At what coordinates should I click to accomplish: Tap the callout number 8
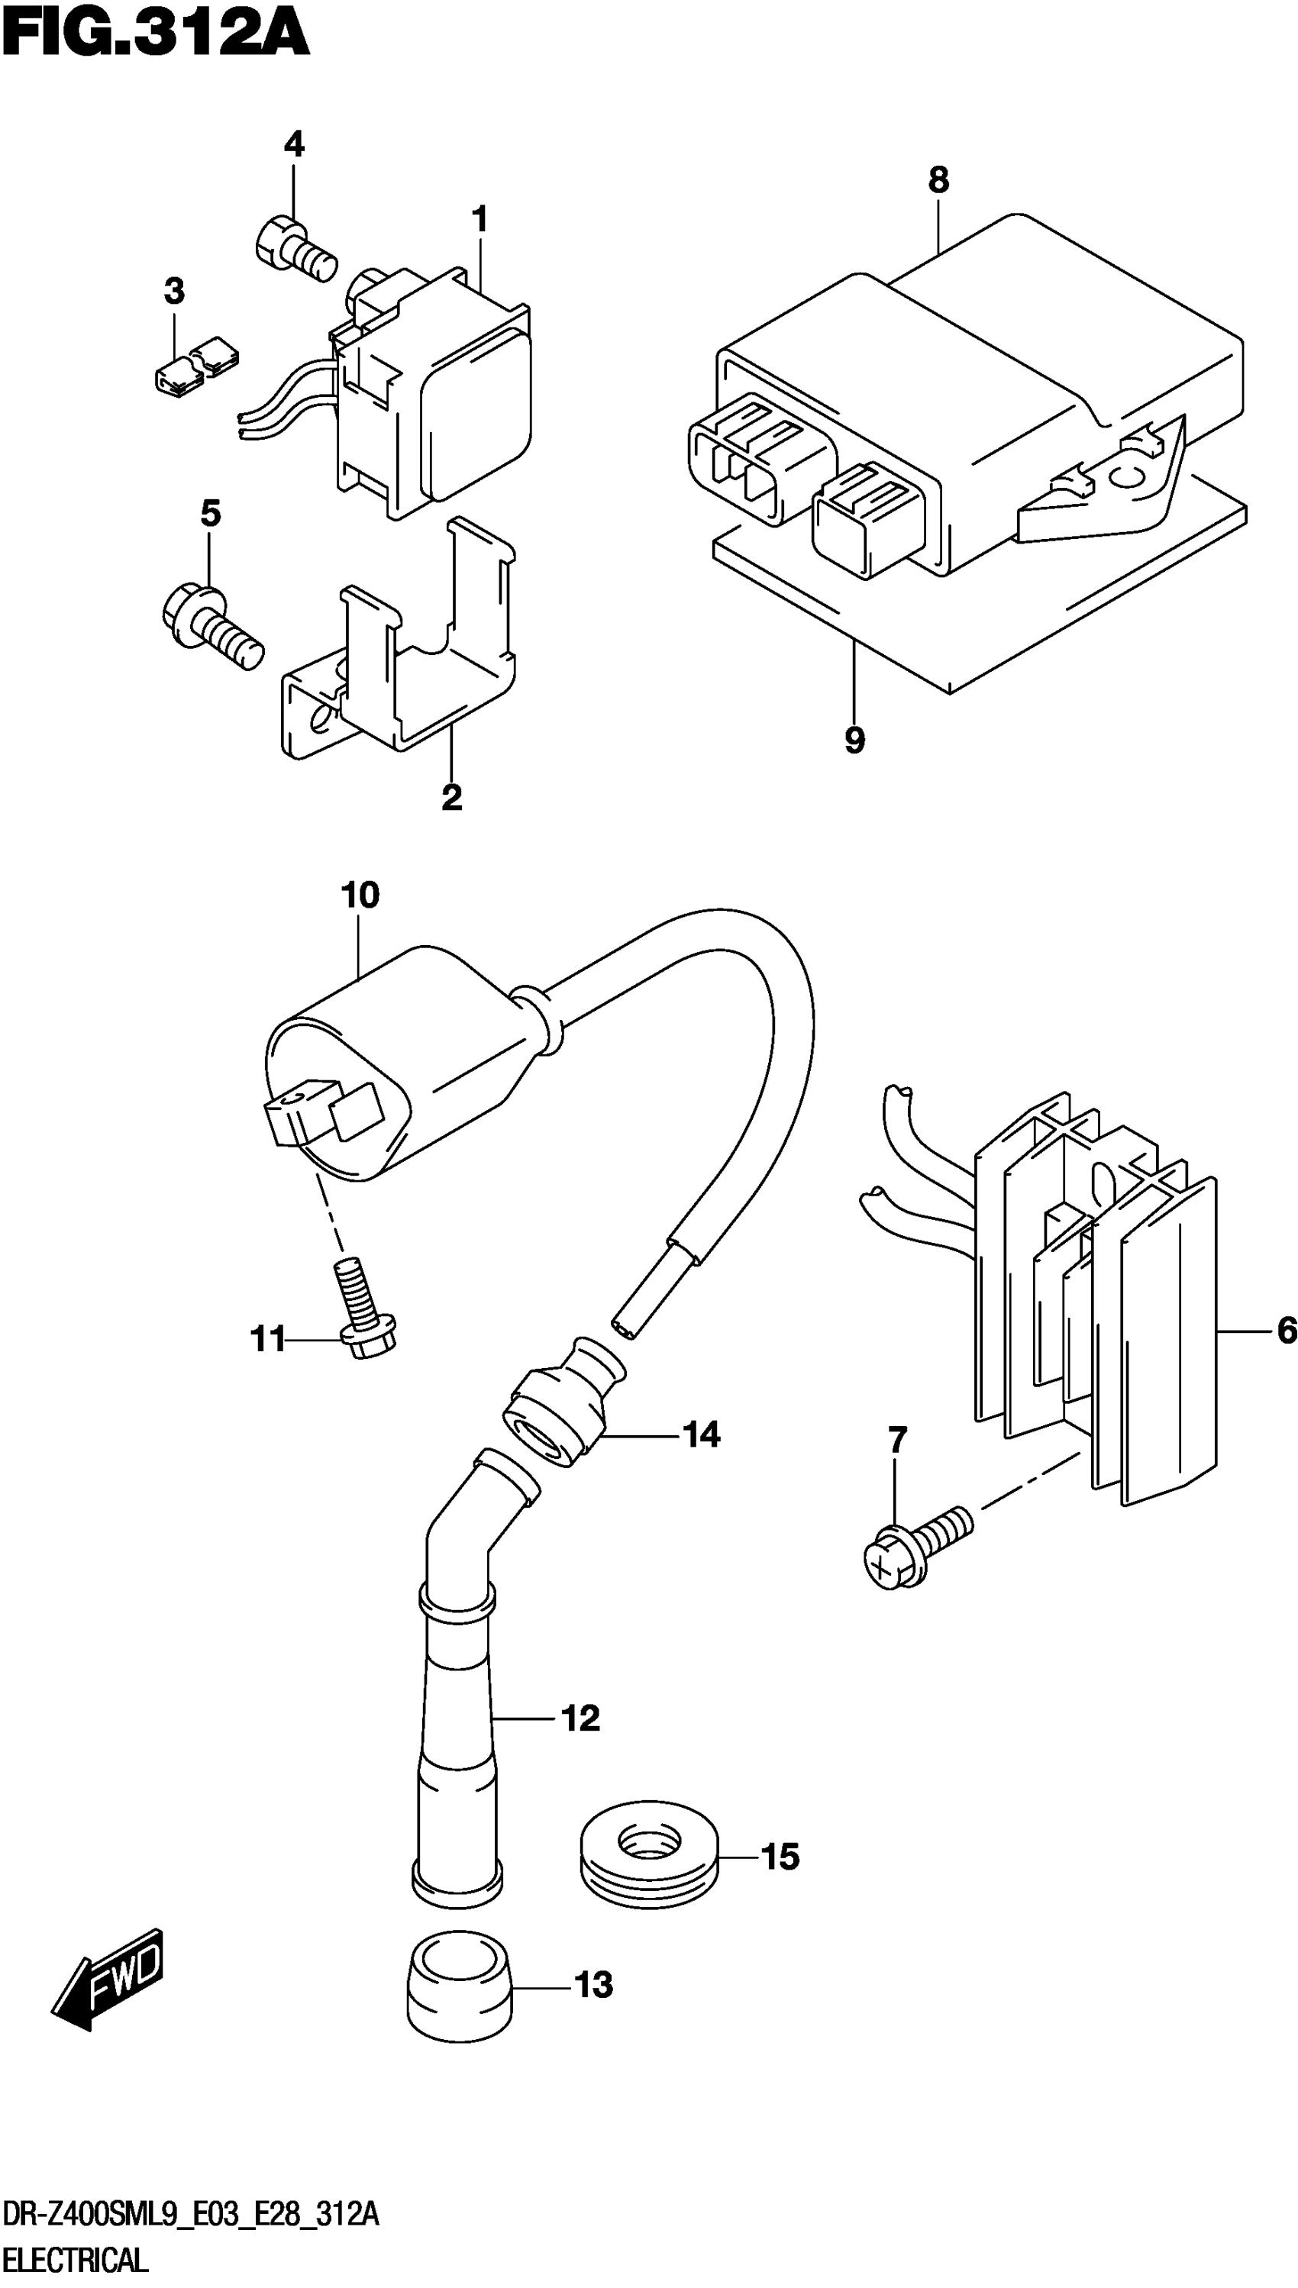[x=938, y=180]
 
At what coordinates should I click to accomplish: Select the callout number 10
[x=360, y=895]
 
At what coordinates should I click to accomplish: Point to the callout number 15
[x=780, y=1857]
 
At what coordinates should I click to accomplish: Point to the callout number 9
[x=854, y=739]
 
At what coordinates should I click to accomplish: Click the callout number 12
[x=580, y=1718]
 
